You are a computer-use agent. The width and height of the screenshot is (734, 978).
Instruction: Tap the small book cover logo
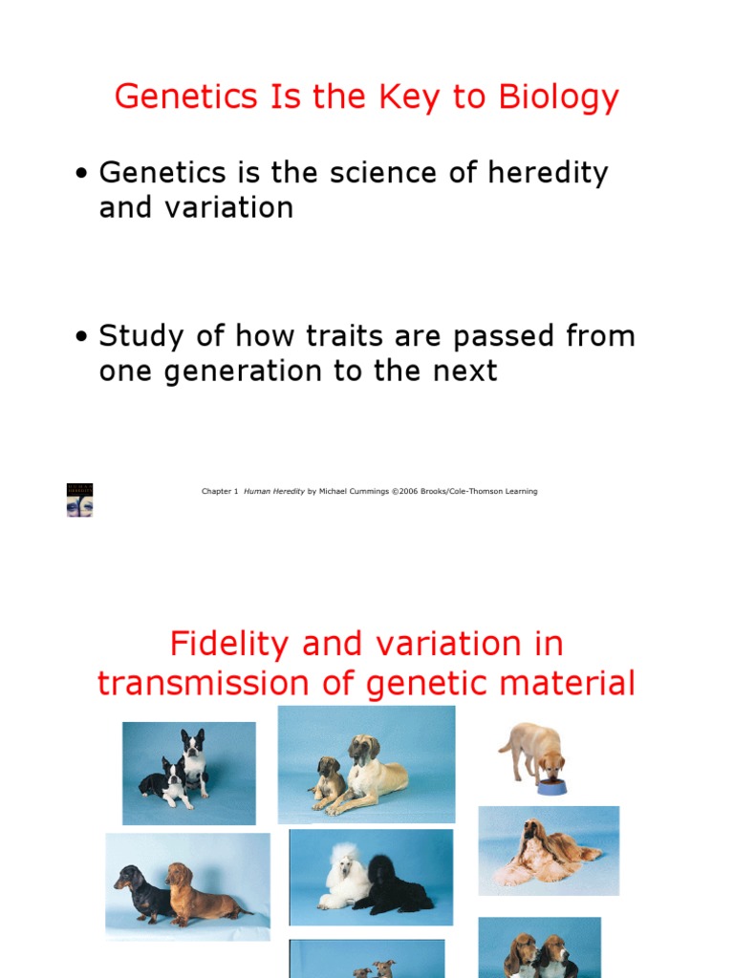(79, 500)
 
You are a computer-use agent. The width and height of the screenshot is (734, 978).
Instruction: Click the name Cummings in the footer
(367, 492)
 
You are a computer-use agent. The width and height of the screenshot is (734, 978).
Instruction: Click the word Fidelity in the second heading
(231, 645)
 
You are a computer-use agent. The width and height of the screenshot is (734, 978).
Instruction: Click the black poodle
(394, 884)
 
